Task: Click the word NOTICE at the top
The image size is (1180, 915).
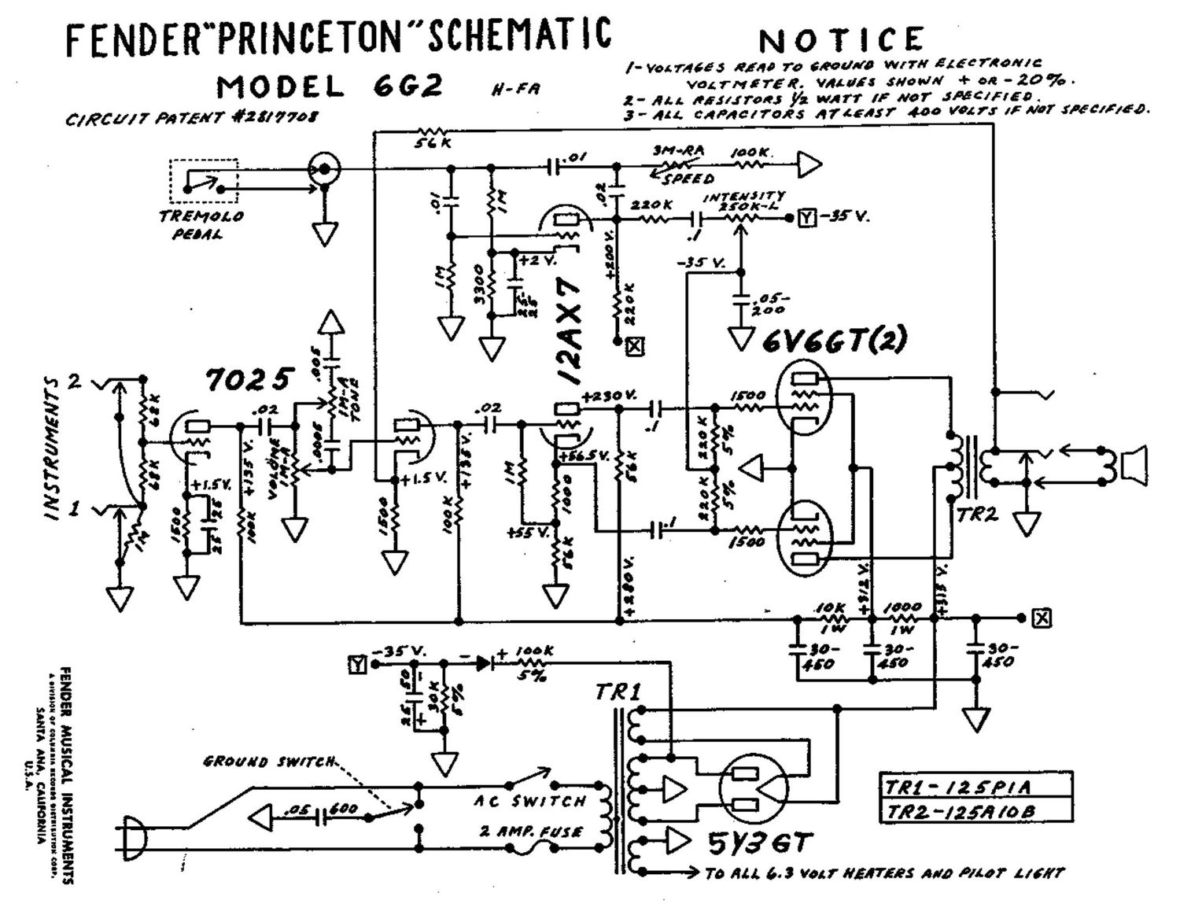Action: (841, 39)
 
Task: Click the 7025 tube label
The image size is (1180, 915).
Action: (249, 379)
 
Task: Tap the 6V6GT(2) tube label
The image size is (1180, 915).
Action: (834, 339)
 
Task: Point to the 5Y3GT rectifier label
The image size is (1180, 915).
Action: (758, 844)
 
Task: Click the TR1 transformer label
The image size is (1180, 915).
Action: (618, 692)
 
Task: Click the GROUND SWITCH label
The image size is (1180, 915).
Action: (270, 761)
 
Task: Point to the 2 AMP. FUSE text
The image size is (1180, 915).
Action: (531, 832)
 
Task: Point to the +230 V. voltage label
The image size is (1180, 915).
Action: (610, 395)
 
